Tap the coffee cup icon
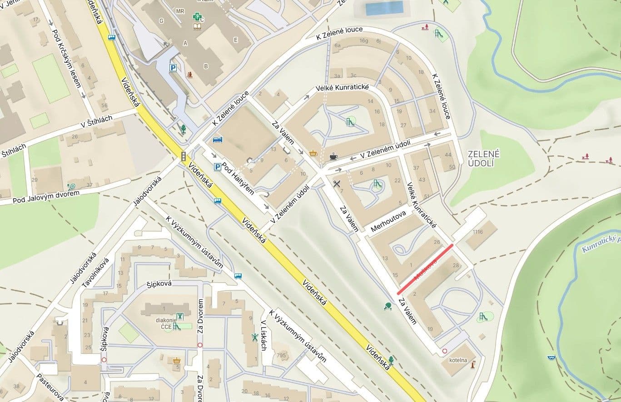[334, 156]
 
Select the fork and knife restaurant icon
[336, 184]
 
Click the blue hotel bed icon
[218, 139]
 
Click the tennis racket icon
[72, 186]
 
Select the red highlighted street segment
[425, 269]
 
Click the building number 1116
[477, 232]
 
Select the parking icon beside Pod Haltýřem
[218, 167]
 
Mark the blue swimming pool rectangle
[384, 8]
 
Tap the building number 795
[282, 356]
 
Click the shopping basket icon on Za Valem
[313, 153]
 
